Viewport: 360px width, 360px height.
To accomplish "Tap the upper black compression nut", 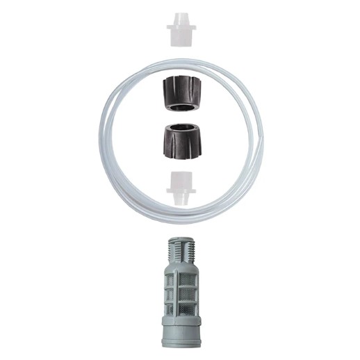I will (x=181, y=95).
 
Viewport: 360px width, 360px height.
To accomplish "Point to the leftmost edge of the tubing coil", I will (x=101, y=139).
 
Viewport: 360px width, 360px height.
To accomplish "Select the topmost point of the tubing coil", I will (x=181, y=61).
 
